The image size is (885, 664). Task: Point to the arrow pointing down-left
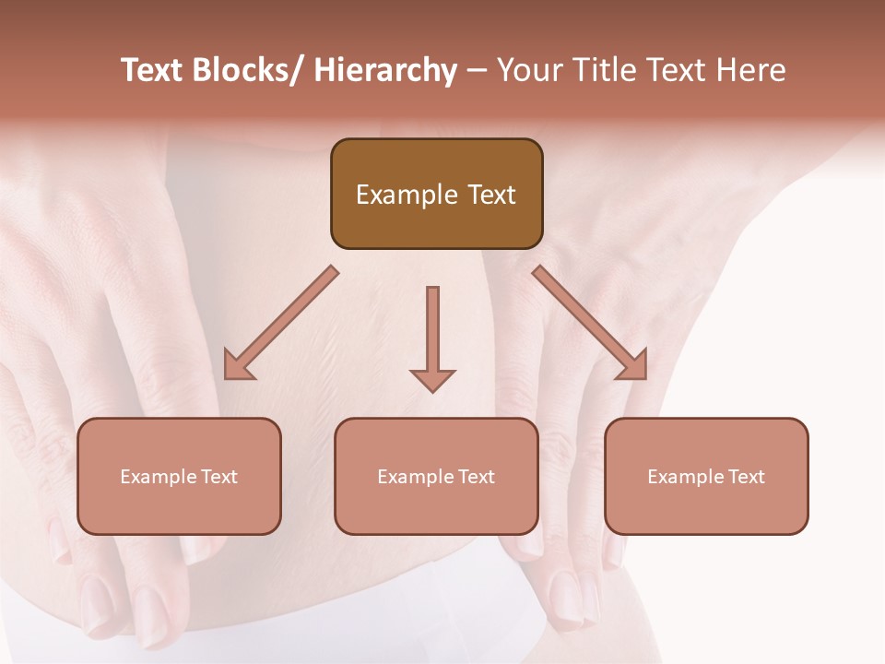(281, 323)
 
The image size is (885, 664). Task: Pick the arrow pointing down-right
(590, 323)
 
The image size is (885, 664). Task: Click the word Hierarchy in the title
(385, 70)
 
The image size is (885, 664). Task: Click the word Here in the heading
(753, 70)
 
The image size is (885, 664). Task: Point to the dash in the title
(477, 70)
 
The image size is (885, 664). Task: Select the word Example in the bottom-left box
(159, 477)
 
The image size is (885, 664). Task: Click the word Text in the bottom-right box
(746, 477)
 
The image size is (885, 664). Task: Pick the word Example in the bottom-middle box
(416, 477)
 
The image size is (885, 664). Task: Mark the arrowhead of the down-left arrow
(239, 364)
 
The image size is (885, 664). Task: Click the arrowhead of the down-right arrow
(632, 364)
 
